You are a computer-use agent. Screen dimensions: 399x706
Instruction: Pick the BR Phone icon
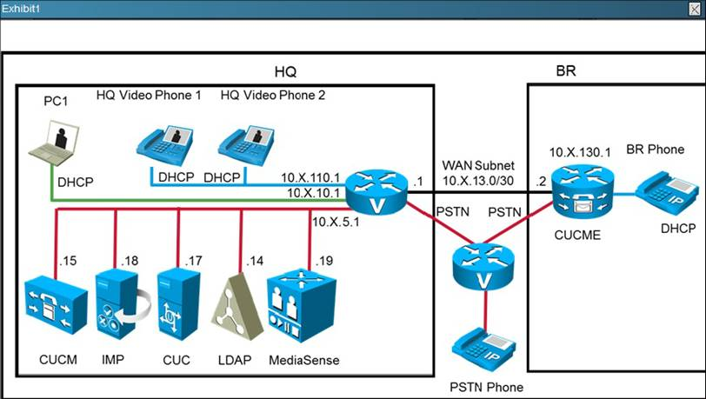pyautogui.click(x=667, y=190)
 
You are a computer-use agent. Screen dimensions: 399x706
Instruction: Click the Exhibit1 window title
pyautogui.click(x=24, y=8)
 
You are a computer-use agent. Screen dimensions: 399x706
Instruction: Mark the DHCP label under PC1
pyautogui.click(x=76, y=183)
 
